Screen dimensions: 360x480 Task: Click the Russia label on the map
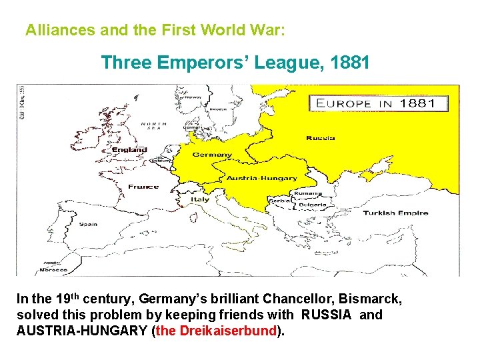321,138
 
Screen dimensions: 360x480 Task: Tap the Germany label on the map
212,155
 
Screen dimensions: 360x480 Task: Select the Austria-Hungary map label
262,178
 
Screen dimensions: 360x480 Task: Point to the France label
143,187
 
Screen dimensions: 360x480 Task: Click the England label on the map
129,149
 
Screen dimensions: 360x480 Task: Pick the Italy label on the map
200,199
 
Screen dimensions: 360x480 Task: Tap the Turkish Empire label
395,213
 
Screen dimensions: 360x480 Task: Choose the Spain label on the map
88,224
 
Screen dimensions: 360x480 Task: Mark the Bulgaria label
312,205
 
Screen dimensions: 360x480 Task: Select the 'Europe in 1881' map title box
379,103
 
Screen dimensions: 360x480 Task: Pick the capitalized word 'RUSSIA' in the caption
326,315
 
